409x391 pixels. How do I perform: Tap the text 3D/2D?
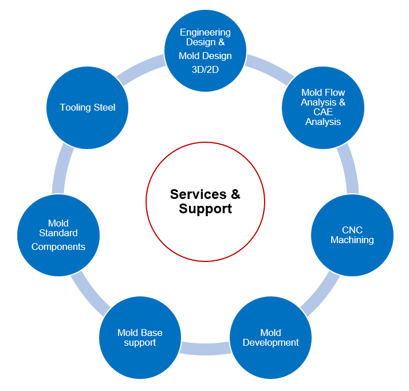pyautogui.click(x=205, y=69)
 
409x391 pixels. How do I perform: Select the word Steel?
pyautogui.click(x=103, y=108)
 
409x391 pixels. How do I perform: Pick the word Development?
pyautogui.click(x=270, y=343)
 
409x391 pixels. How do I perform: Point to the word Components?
pyautogui.click(x=58, y=247)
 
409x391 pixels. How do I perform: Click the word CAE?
pyautogui.click(x=323, y=112)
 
